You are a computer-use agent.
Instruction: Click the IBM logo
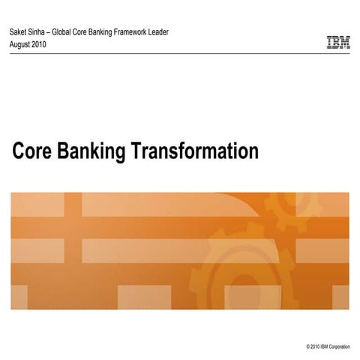[338, 43]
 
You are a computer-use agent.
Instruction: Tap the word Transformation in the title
[196, 151]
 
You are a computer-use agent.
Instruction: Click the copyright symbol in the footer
[308, 347]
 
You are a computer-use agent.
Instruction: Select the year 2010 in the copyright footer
[315, 347]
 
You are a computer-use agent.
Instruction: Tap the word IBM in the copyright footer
[325, 347]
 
